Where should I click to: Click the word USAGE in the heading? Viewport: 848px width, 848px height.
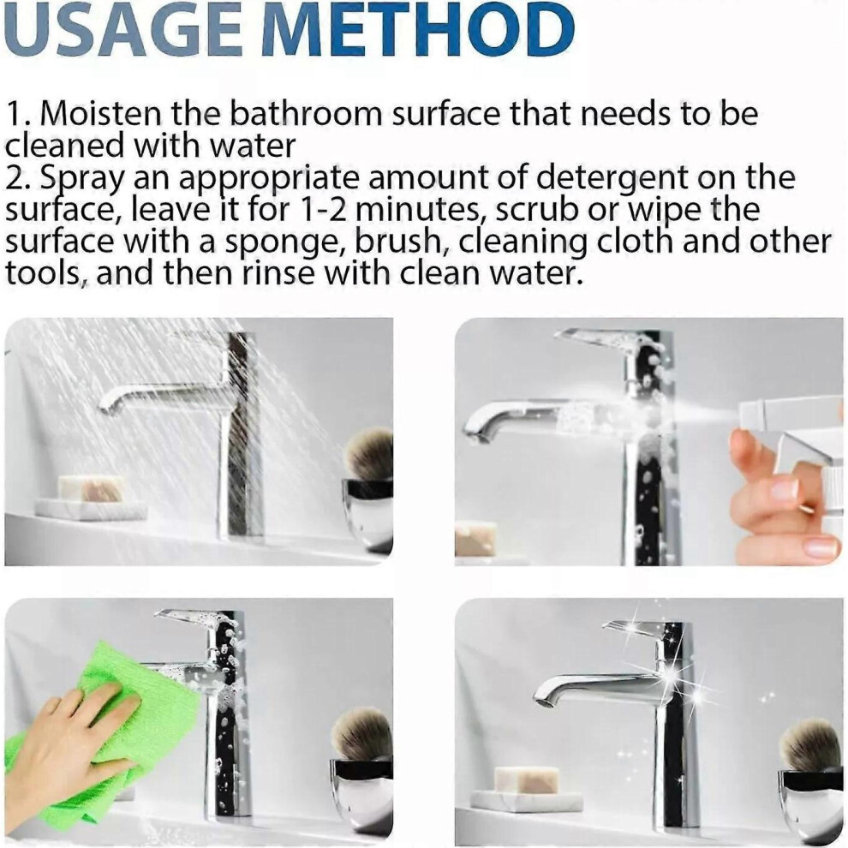(x=122, y=28)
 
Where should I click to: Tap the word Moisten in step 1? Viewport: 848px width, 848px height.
(x=100, y=114)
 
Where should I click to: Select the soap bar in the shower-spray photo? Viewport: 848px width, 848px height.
(x=90, y=488)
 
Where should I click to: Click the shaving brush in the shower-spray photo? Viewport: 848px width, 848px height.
(x=370, y=454)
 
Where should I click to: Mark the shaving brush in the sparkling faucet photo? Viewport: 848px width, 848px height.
(x=812, y=745)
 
